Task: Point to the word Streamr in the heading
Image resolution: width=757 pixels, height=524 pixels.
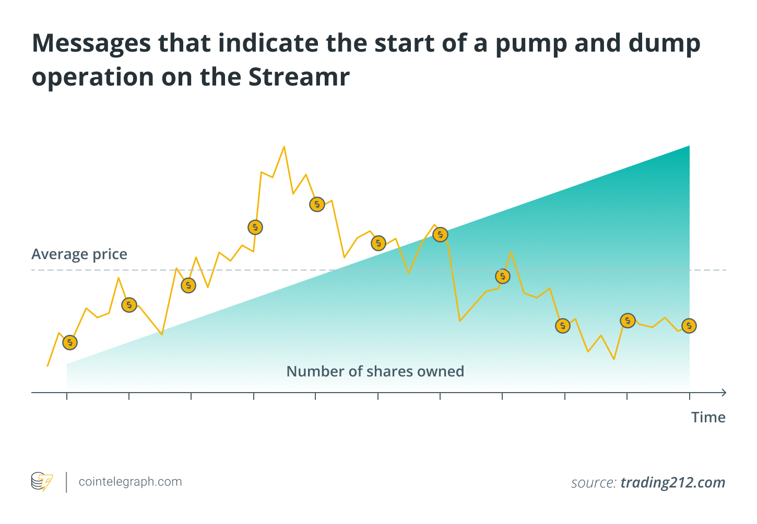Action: (299, 77)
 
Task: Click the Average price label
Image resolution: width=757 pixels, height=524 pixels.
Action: (79, 254)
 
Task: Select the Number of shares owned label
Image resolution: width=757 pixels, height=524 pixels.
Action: (375, 371)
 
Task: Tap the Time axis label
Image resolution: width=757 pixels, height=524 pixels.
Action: (708, 417)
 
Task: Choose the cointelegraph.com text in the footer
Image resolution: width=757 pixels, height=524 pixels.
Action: (130, 482)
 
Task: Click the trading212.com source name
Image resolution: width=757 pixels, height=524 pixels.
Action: (673, 483)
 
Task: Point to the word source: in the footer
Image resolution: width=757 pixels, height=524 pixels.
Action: (594, 483)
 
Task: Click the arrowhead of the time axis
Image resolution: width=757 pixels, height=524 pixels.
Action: (723, 392)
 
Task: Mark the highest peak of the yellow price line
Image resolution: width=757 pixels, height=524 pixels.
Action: (284, 147)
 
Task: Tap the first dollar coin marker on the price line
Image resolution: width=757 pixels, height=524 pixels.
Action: (69, 343)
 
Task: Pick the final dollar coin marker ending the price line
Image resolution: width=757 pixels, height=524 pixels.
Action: (689, 326)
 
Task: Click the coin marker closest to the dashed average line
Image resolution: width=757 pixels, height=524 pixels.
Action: (502, 276)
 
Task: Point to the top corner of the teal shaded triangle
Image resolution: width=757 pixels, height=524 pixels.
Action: (689, 147)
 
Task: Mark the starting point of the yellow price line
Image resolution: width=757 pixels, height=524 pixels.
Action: (48, 366)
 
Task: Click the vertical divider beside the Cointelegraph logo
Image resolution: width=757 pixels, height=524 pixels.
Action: (66, 482)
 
